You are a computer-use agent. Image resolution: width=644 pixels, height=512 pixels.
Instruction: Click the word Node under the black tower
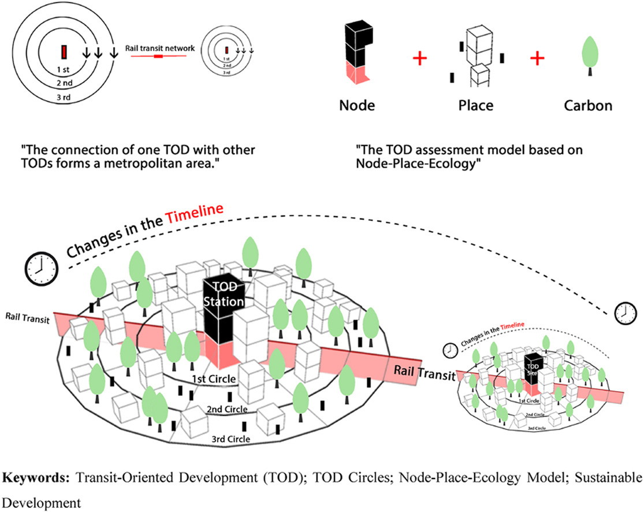tap(357, 106)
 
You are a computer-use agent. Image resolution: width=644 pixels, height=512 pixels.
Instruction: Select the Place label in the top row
tap(475, 106)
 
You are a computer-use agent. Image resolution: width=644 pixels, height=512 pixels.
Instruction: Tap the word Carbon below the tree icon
tap(588, 106)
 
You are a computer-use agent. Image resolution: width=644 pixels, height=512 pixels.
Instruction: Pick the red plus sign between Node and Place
tap(420, 58)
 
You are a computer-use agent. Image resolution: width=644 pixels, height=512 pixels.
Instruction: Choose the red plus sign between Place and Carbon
tap(537, 58)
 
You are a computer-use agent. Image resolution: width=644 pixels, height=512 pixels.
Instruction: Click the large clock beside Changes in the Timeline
tap(40, 268)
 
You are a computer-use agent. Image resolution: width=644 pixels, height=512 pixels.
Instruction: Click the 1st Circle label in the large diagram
tap(214, 379)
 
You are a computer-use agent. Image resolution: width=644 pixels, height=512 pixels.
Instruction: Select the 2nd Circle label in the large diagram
tap(227, 409)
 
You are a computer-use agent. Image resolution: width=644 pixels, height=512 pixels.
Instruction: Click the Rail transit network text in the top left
tap(161, 48)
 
